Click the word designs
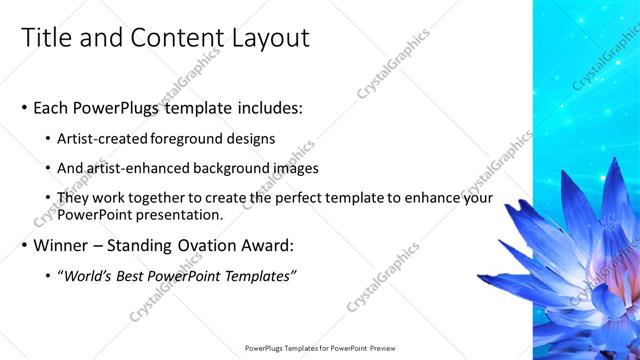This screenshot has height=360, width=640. point(250,138)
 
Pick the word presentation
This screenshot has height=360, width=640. point(182,215)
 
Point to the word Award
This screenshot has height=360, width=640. point(266,245)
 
